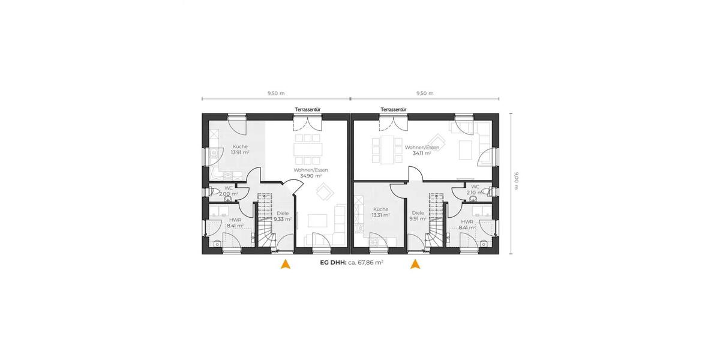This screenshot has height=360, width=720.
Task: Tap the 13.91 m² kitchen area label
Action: [x=240, y=149]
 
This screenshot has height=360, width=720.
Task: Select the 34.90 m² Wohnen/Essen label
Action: [x=308, y=173]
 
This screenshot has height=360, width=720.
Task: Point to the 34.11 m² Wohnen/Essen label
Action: [x=422, y=150]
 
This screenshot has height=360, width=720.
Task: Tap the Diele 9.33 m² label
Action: [x=283, y=216]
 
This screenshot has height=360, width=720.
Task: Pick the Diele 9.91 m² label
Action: [x=418, y=215]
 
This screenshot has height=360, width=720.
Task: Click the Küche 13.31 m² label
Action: [x=380, y=212]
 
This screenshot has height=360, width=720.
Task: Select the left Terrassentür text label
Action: [x=307, y=110]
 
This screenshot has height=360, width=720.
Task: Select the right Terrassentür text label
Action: [x=394, y=110]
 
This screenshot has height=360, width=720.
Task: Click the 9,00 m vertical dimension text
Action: [x=517, y=181]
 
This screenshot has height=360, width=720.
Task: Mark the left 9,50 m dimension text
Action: [x=275, y=93]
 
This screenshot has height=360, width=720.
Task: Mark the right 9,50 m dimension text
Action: [x=425, y=93]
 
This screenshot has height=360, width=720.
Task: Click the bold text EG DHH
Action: [x=334, y=263]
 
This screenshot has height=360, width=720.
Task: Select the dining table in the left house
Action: [x=308, y=148]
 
